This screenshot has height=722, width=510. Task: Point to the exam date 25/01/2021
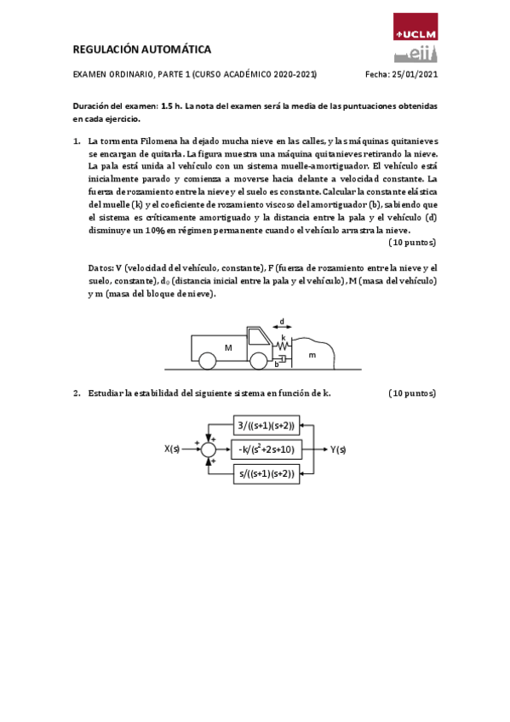tap(414, 75)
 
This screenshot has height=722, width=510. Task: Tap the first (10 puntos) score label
tap(412, 242)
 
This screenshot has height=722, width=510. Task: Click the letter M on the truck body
tap(227, 347)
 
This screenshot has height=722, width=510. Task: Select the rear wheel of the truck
tap(207, 362)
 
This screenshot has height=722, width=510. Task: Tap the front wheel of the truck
tap(258, 362)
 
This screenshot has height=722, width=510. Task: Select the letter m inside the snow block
tap(312, 353)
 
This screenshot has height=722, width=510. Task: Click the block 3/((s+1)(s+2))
tap(266, 425)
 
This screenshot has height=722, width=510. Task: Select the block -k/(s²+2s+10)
tap(266, 449)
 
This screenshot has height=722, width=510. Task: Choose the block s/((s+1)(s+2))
tap(266, 473)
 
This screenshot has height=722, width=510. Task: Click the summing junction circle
tap(209, 449)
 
